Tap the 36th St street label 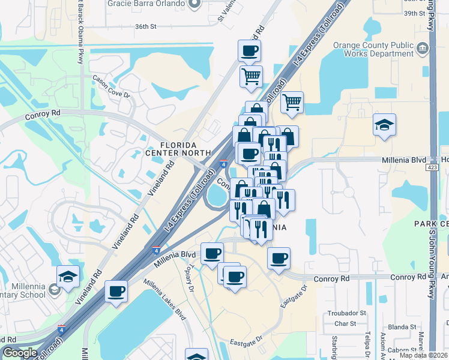pyautogui.click(x=145, y=27)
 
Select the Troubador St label pyautogui.click(x=346, y=313)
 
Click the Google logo pyautogui.click(x=19, y=353)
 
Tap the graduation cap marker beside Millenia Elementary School pyautogui.click(x=68, y=275)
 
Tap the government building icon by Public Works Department pyautogui.click(x=423, y=47)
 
